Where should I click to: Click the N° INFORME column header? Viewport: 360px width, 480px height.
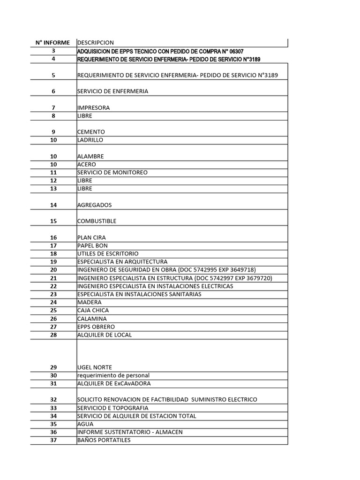point(53,43)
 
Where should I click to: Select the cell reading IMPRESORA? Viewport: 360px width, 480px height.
point(93,108)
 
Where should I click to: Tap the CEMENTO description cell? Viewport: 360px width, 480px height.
point(91,132)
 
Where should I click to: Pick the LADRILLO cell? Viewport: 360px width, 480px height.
point(90,140)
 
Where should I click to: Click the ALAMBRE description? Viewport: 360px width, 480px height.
point(90,156)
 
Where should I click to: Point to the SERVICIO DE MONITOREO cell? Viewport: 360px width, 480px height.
point(112,172)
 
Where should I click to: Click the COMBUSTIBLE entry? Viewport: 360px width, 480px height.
point(97,221)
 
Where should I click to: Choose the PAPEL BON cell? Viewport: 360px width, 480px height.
point(92,246)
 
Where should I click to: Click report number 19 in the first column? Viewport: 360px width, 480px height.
point(53,262)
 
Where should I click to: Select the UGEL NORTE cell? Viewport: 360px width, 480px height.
point(94,367)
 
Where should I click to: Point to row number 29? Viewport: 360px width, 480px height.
point(53,367)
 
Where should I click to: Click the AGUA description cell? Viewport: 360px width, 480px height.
point(85,424)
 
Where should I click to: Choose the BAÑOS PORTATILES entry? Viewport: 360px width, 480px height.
point(104,440)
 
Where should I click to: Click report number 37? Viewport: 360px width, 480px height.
point(53,440)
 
